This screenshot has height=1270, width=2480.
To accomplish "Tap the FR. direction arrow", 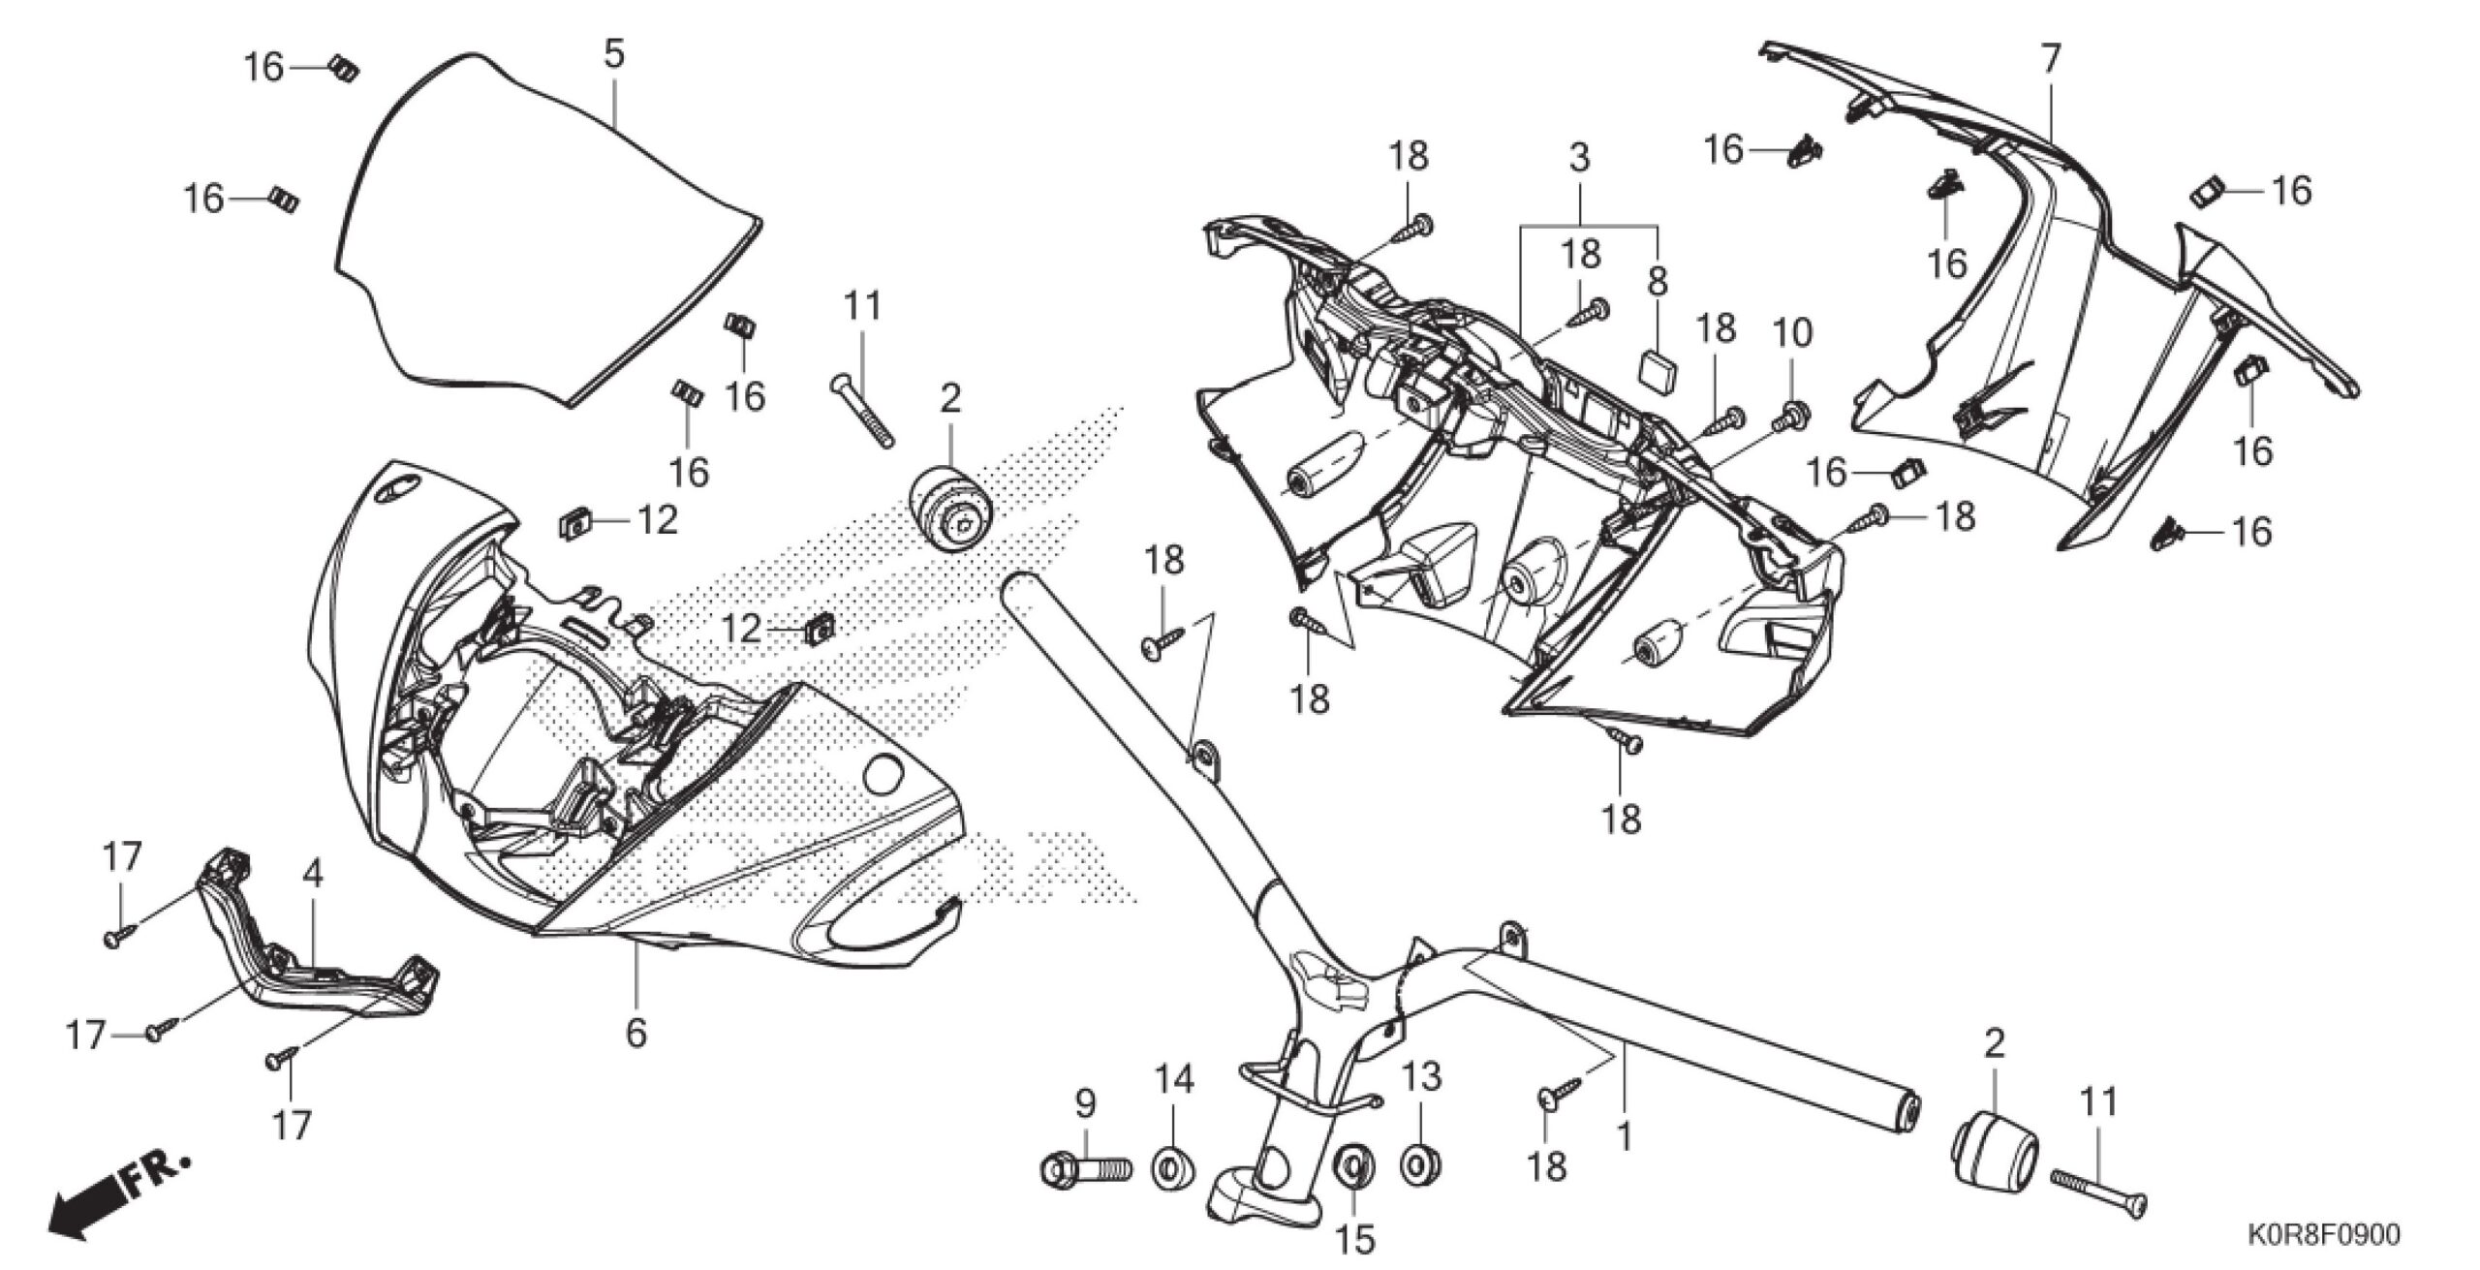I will click(x=116, y=1202).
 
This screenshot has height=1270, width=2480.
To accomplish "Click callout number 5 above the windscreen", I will click(x=613, y=54).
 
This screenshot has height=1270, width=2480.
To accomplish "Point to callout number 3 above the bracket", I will click(x=1579, y=157).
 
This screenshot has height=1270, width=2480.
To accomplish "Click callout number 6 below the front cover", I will click(x=635, y=1033).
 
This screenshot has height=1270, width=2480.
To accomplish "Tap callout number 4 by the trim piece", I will click(x=312, y=875).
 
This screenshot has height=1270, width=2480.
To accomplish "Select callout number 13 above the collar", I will click(x=1421, y=1076).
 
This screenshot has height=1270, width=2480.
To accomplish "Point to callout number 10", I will click(x=1791, y=332).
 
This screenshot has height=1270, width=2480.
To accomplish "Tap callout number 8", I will click(x=1658, y=282).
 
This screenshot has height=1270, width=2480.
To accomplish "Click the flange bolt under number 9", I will click(x=1086, y=1170).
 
